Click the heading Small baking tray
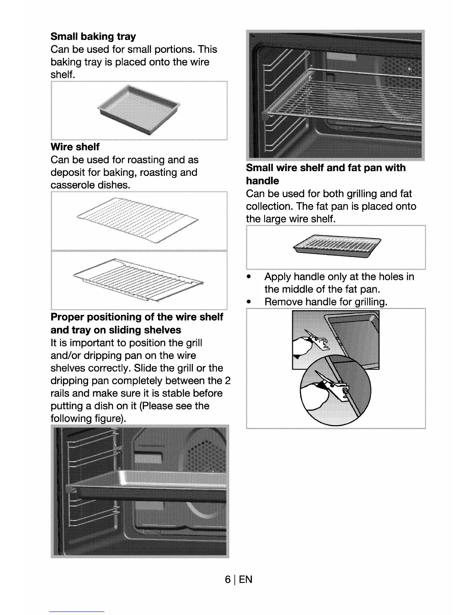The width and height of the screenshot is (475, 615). point(93,37)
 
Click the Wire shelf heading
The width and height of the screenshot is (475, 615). point(75,147)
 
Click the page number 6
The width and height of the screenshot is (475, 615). point(228,580)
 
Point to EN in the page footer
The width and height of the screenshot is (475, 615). point(245,580)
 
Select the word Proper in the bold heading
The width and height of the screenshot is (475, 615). point(67,317)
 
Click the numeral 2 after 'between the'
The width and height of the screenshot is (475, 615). point(228,381)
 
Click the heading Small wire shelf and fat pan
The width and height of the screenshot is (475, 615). point(326,168)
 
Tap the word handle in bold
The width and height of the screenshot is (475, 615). point(262,181)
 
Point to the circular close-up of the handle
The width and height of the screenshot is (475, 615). point(335,389)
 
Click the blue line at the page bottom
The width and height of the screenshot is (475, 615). point(77,612)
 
